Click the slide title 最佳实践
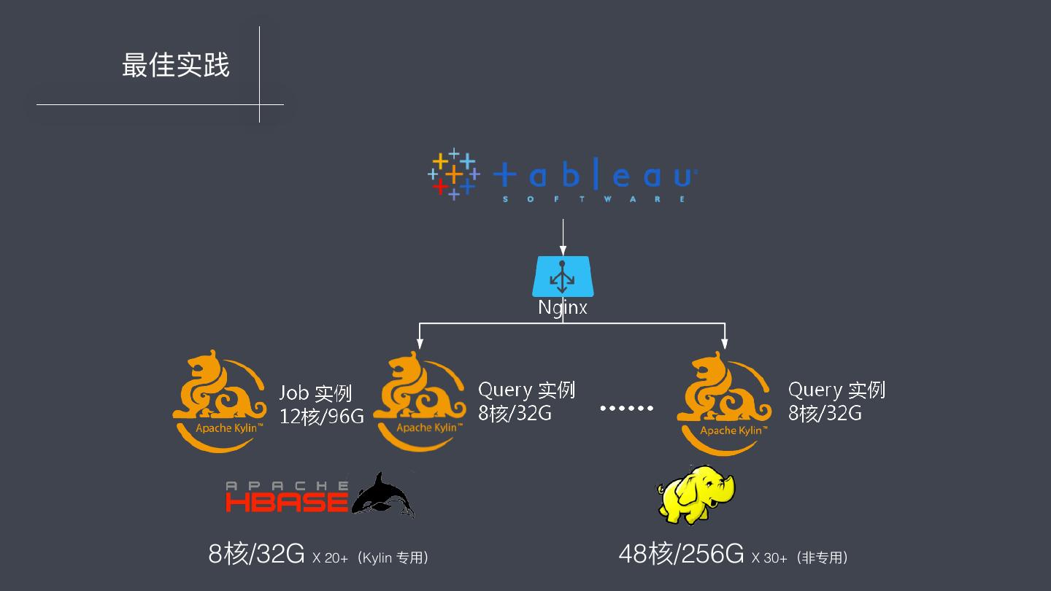tap(175, 66)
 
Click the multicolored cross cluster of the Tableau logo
tap(453, 174)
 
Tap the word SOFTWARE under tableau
tap(595, 198)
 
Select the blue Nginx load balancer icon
tap(563, 276)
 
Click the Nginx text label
tap(563, 307)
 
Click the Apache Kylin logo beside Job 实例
tap(219, 401)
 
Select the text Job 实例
tap(315, 393)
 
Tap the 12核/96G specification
tap(321, 417)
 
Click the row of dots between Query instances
tap(626, 408)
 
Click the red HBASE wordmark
tap(286, 502)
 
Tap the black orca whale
tap(383, 496)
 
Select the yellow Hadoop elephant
tap(696, 495)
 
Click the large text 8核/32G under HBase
tap(256, 555)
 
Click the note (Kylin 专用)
tap(394, 558)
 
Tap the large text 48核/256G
tap(681, 555)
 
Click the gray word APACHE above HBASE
tap(286, 485)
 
